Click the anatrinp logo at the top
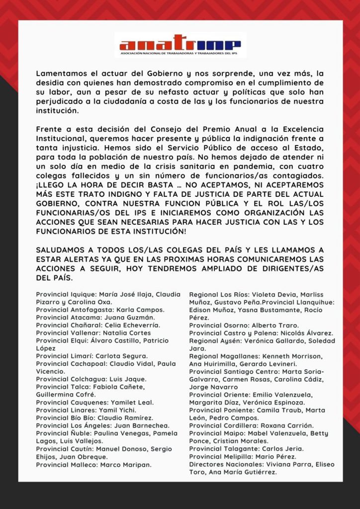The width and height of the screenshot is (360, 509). point(180,45)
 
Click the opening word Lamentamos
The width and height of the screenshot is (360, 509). point(60,73)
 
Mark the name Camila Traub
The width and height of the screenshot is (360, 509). point(278,410)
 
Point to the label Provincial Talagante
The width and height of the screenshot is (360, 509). point(221,449)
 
